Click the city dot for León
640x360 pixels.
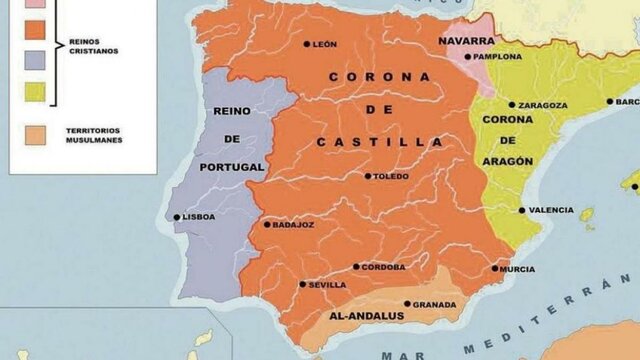coord(307,44)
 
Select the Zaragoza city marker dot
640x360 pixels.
coord(512,104)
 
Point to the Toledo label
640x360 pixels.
coord(391,176)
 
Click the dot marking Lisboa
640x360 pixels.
coord(177,217)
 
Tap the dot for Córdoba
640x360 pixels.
coord(356,267)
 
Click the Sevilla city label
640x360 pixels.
coord(328,284)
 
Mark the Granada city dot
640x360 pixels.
coord(407,304)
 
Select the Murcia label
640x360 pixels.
coord(518,268)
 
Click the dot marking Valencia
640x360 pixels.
coord(521,210)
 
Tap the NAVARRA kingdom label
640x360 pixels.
coord(466,41)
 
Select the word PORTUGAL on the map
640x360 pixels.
coord(231,166)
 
